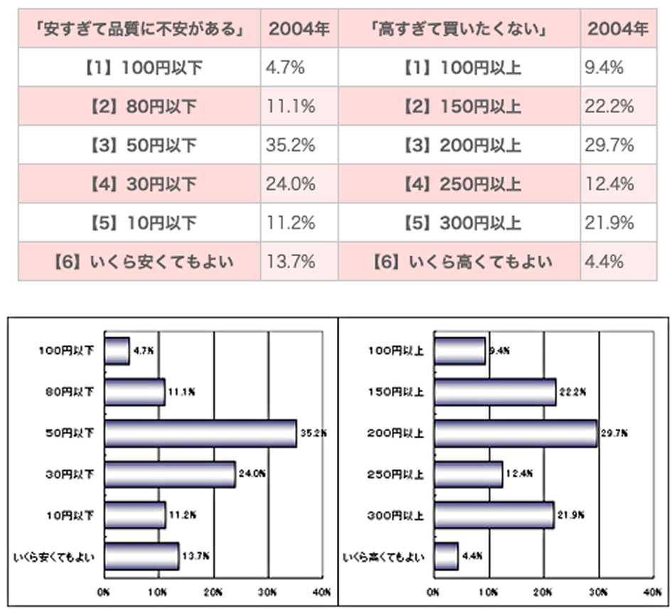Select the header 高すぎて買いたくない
pyautogui.click(x=458, y=29)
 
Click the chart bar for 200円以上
pyautogui.click(x=516, y=433)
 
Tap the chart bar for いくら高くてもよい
pyautogui.click(x=446, y=556)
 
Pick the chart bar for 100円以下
pyautogui.click(x=117, y=351)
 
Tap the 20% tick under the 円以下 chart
pyautogui.click(x=213, y=592)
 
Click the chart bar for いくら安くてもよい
pyautogui.click(x=142, y=556)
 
